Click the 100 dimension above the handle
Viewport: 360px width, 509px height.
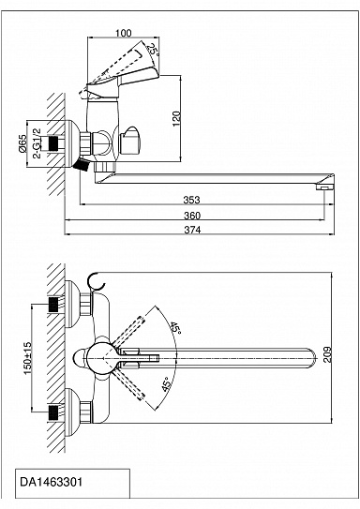[124, 33]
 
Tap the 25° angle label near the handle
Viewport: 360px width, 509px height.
[153, 50]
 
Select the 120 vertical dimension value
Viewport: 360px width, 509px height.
[176, 118]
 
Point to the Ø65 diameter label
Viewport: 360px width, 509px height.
[22, 143]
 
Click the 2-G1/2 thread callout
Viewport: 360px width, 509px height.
[37, 142]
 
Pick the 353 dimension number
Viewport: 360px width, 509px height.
[191, 200]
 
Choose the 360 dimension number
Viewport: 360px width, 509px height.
[192, 216]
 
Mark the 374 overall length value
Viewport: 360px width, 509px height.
[192, 230]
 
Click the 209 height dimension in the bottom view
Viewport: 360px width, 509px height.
[327, 354]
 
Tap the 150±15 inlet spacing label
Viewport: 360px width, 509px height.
[27, 358]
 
